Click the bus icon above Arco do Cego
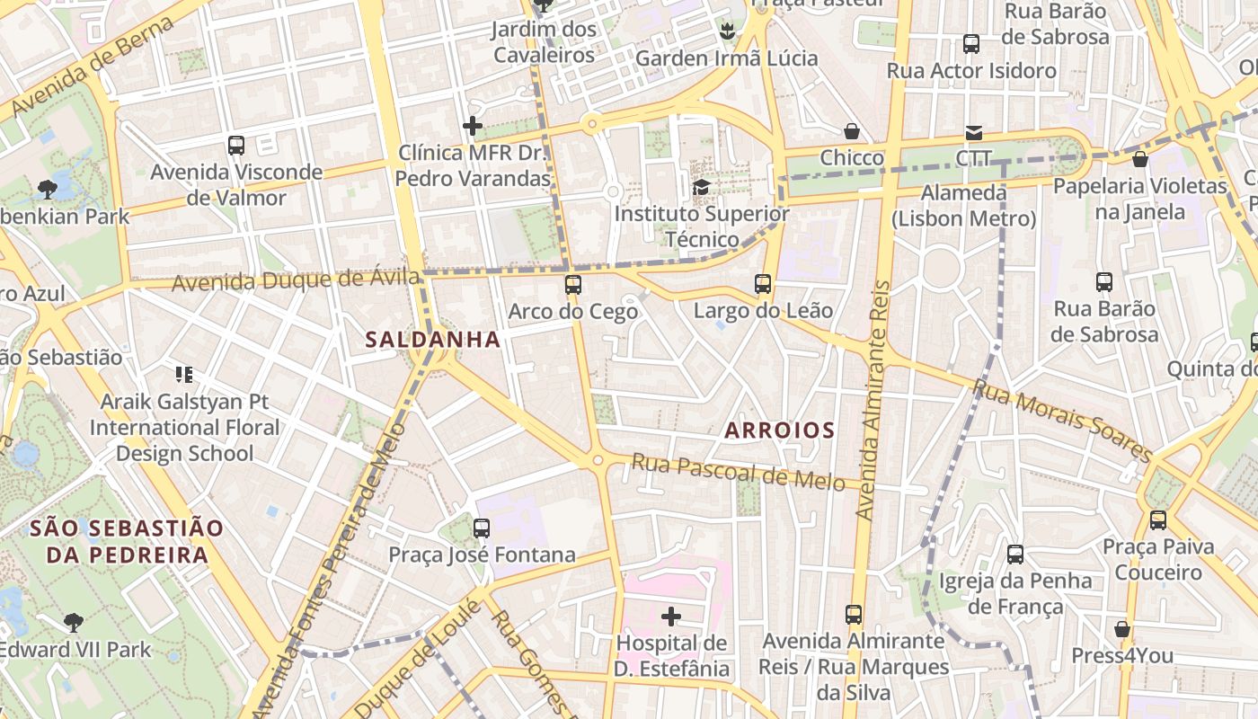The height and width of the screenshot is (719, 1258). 572,285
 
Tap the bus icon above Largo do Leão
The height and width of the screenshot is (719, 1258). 763,284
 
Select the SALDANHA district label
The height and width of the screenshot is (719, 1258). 432,339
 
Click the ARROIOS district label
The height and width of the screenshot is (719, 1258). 779,431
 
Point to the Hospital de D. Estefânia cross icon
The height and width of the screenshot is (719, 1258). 670,617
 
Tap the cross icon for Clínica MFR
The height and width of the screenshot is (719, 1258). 473,126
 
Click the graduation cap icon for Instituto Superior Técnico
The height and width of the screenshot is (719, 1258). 701,187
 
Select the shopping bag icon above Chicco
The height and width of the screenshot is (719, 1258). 852,131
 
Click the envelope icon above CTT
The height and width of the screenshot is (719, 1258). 973,133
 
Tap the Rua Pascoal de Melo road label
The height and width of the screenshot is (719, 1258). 738,472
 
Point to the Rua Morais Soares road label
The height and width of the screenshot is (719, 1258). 1062,421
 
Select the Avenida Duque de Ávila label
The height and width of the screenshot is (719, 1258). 296,280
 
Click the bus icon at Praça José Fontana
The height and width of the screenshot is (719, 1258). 482,528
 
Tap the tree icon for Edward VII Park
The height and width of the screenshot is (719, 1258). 74,622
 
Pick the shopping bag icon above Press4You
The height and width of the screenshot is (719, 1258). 1121,628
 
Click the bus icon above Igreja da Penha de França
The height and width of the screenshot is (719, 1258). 1015,554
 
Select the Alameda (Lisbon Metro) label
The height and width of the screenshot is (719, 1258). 964,206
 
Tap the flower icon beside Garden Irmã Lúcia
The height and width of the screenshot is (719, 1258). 726,32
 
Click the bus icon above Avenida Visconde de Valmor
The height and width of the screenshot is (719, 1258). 236,145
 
